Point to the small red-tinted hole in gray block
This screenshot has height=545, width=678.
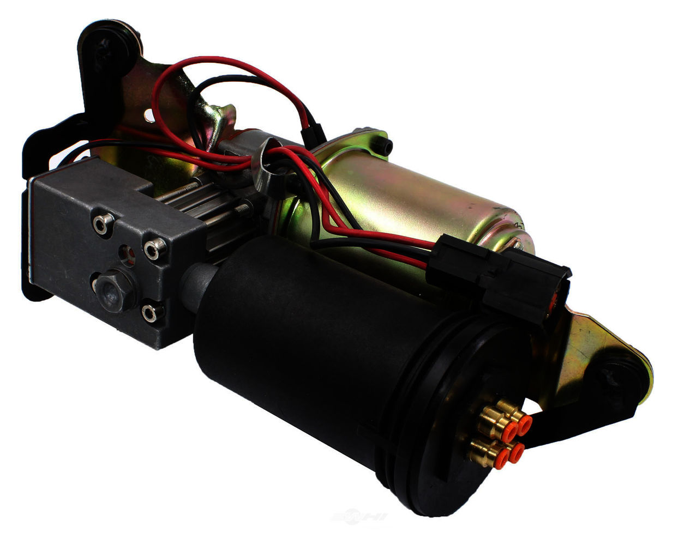tap(128, 252)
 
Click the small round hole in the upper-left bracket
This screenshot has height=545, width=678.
tap(148, 115)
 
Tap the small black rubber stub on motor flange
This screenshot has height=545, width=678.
tap(386, 145)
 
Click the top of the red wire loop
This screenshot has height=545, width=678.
tap(218, 59)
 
